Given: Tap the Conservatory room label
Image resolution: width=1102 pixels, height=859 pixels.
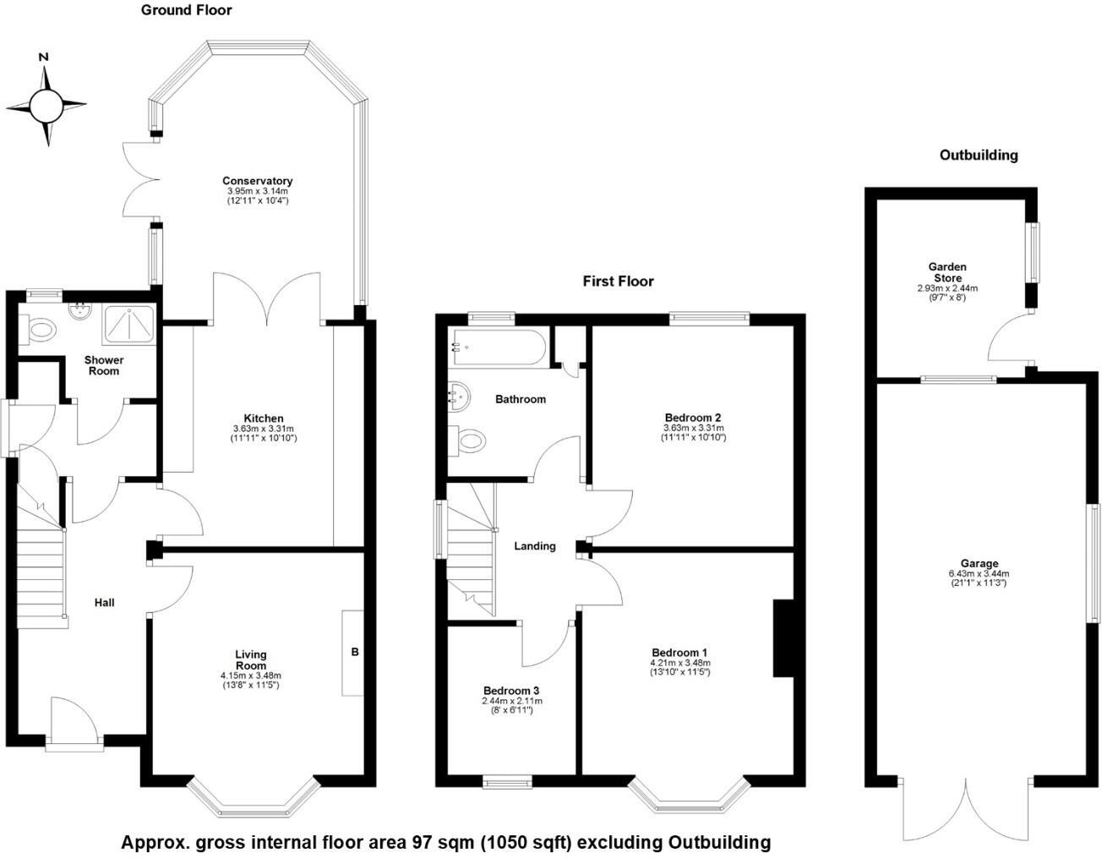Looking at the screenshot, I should pos(258,181).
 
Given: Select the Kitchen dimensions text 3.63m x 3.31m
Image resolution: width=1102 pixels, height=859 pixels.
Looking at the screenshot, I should pos(264,429).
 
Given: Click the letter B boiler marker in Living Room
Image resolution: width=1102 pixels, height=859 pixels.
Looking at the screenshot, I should pos(355,652).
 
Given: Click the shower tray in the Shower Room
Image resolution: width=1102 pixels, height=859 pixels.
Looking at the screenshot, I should pos(129,326).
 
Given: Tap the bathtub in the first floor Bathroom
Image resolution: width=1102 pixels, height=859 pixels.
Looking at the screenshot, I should pos(499,347).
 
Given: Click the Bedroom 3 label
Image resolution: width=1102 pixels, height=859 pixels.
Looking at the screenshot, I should pos(511,691).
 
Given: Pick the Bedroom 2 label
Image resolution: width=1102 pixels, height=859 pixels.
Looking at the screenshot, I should pos(693,418).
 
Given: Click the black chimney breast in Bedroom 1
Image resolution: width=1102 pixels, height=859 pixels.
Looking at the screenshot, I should pos(783,638).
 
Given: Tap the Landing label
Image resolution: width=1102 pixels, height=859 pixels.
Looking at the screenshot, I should pos(535,546).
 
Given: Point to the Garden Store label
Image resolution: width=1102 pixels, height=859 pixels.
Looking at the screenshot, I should pos(947,272).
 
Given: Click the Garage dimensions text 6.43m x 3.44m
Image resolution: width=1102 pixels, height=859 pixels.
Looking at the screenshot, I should pos(979,574).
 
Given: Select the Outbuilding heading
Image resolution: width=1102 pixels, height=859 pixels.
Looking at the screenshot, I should pos(979,156).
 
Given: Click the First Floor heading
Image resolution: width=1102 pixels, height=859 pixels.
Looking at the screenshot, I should pos(618,282).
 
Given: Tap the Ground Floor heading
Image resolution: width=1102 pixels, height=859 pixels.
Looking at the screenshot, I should pos(186,10).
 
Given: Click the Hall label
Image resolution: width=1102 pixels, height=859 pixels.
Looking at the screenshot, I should pos(104,603).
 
